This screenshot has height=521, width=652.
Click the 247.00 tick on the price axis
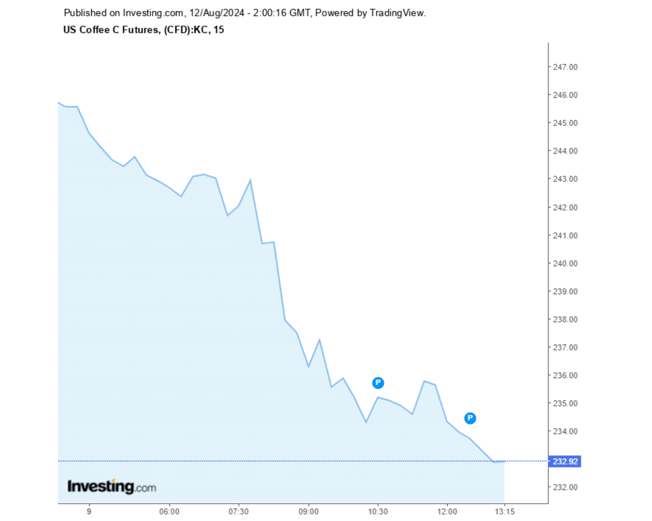click(565, 67)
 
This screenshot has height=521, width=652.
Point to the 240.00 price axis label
click(565, 263)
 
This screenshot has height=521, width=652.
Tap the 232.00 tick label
click(565, 487)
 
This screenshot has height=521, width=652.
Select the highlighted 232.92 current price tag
click(565, 461)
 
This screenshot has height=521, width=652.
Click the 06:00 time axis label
click(170, 511)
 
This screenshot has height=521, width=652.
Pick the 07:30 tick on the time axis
click(239, 511)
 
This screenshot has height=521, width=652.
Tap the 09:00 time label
click(308, 511)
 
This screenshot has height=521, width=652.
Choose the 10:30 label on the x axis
click(378, 511)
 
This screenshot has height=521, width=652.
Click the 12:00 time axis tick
click(447, 511)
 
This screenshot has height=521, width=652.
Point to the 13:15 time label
click(504, 511)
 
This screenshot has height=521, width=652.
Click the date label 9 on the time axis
click(89, 511)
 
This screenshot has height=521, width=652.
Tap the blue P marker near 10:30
click(378, 383)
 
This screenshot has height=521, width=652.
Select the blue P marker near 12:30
click(471, 418)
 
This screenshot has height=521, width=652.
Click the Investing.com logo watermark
click(111, 486)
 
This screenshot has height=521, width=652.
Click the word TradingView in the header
click(398, 13)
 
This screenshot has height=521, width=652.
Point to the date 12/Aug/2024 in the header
click(216, 13)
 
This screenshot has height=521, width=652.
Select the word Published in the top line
click(84, 13)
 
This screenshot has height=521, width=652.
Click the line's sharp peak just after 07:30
click(250, 180)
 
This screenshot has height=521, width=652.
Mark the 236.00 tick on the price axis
click(565, 375)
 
